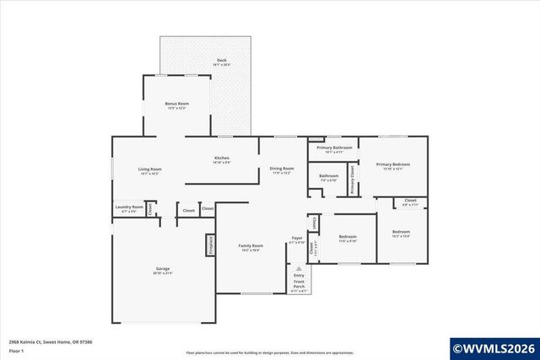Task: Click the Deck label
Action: point(221,61)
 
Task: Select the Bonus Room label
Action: point(177,104)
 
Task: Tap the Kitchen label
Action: point(222,159)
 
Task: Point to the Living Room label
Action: point(150,169)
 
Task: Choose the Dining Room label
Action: point(282,169)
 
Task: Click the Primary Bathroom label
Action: point(334,148)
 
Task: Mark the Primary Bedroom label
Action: point(393,164)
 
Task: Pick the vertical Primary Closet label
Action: point(352,180)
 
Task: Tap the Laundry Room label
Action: point(129,207)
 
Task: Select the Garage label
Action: point(162,269)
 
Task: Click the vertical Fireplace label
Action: point(209,244)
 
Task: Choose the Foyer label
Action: point(297,239)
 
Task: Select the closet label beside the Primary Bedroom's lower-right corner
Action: point(410,201)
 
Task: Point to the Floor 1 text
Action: point(17,350)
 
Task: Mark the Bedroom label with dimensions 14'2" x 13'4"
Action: point(401,232)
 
